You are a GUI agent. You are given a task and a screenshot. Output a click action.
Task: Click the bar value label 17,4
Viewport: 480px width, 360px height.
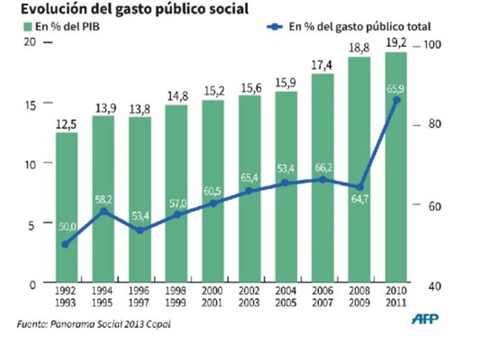[x=322, y=65]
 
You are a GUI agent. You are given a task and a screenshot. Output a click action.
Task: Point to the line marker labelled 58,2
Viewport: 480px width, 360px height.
[x=103, y=211]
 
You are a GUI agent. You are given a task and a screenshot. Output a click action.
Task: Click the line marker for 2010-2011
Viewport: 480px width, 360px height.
[x=396, y=100]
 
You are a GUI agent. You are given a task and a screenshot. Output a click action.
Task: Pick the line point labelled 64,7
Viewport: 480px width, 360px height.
[x=360, y=187]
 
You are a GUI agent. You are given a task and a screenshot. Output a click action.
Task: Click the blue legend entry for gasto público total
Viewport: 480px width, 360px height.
[x=348, y=27]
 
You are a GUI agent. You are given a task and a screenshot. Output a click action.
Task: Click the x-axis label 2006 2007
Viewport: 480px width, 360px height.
[x=322, y=296]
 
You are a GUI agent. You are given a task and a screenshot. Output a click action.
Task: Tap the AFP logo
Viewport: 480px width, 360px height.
[x=425, y=319]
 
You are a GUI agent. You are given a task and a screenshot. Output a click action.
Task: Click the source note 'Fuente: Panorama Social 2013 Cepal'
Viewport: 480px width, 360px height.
[x=94, y=324]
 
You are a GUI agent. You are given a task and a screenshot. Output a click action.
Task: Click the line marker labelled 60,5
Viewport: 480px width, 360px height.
[x=213, y=203]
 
